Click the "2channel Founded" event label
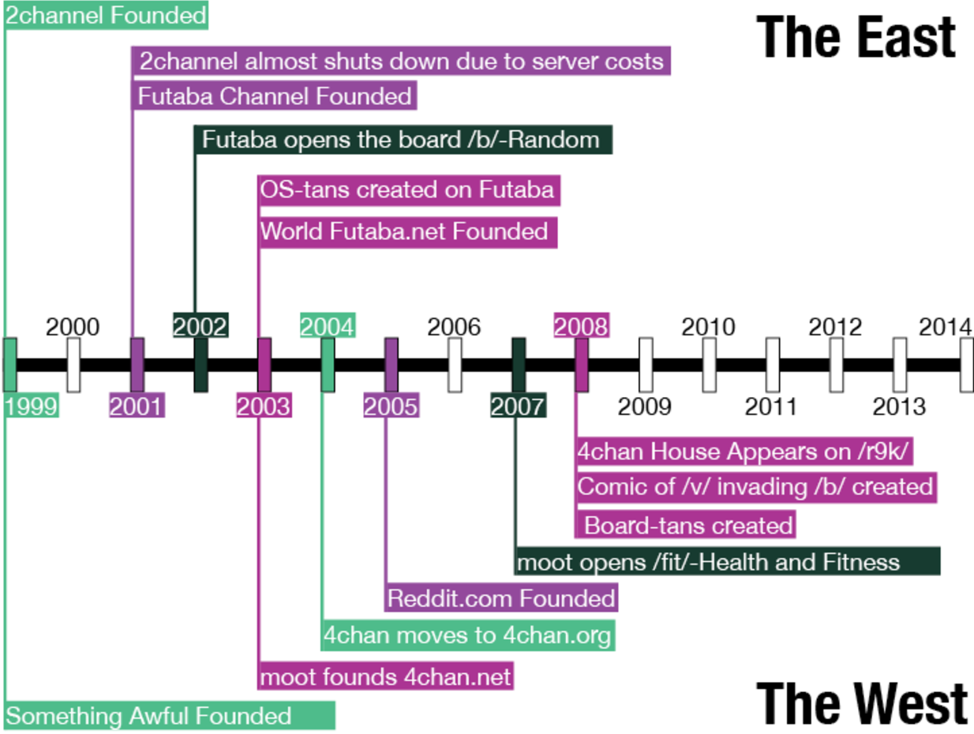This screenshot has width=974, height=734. pos(106,15)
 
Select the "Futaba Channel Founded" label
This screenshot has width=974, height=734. pos(275,97)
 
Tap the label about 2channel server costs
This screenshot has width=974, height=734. pos(402,61)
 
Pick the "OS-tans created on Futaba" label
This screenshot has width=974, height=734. pos(408,190)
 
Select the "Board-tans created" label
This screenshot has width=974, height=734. pos(687,525)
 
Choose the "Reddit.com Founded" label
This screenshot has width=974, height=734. pos(500,597)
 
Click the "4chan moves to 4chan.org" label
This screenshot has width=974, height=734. pos(468,635)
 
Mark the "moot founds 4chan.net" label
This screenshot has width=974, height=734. pos(387,676)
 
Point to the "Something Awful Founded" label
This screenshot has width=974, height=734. pos(170,716)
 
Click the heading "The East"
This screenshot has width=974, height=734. pos(856,36)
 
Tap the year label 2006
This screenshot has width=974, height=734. pos(454,327)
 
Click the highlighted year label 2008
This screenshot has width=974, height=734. pos(582,326)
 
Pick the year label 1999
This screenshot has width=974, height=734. pos(32,406)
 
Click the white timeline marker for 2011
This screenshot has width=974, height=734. pos(773,365)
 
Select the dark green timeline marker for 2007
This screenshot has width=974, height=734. pos(519,365)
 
